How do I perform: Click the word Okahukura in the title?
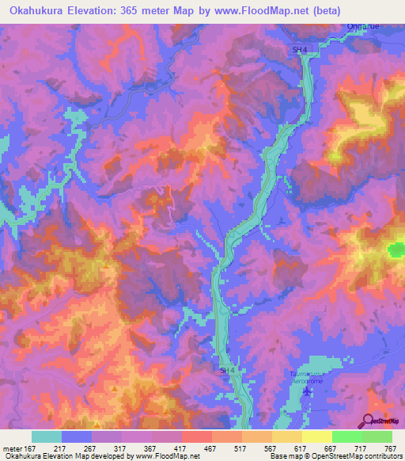39,10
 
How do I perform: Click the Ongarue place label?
363,26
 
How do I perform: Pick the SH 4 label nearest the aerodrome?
228,370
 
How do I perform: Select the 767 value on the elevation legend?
390,448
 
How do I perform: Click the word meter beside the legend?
12,448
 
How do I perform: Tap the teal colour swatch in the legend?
47,436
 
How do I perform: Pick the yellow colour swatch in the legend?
317,436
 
